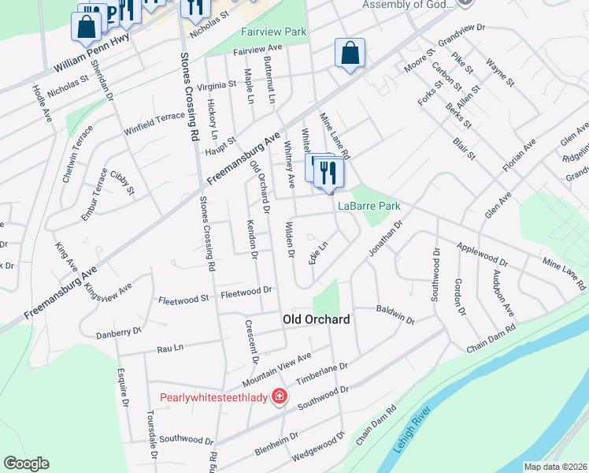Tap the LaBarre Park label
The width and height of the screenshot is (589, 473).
(369, 206)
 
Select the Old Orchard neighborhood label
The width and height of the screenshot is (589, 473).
(316, 319)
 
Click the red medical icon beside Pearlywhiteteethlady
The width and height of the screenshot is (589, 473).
(278, 396)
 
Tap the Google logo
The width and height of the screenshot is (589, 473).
(26, 464)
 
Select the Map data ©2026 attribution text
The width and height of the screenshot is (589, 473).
(554, 467)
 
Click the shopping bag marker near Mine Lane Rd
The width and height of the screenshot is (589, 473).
(349, 54)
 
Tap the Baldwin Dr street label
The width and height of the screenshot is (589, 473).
(395, 315)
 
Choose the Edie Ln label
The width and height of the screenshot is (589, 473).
(318, 253)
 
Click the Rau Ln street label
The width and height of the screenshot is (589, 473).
(170, 347)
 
